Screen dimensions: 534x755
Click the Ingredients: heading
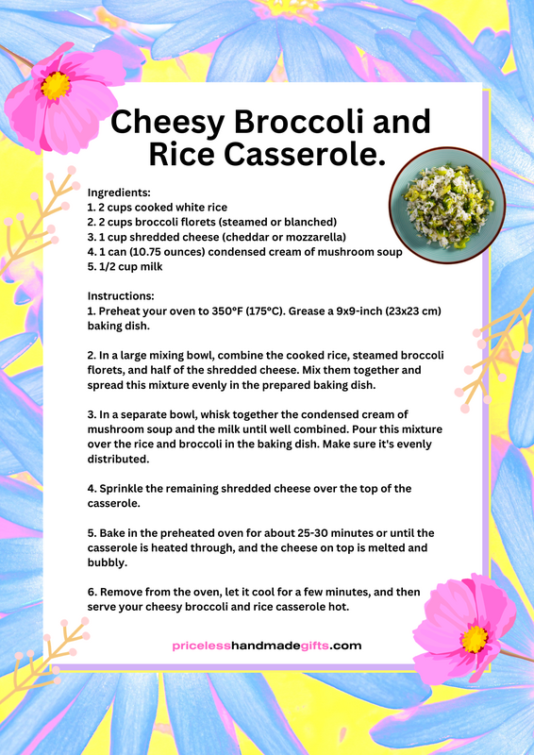[119, 192]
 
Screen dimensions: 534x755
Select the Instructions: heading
[122, 295]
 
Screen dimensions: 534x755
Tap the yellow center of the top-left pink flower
[56, 87]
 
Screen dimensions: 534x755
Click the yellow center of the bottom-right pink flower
[475, 638]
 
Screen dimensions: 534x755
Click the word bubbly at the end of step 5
[108, 562]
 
